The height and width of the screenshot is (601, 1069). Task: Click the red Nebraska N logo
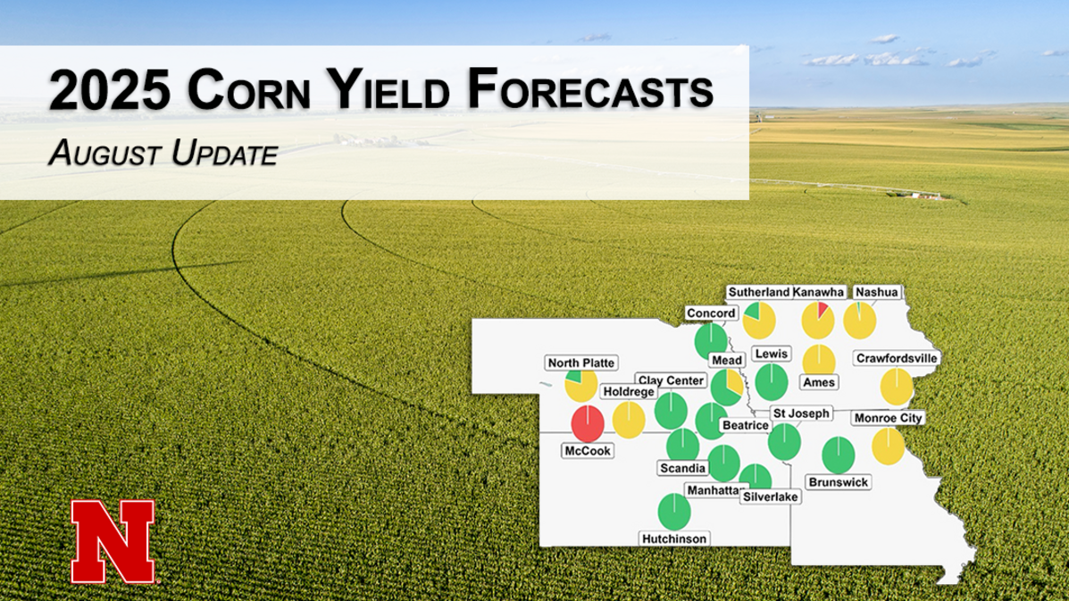113,539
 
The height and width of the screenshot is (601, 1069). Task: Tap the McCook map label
588,451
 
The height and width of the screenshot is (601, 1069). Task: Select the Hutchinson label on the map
674,538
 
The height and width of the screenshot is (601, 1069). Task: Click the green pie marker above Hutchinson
674,512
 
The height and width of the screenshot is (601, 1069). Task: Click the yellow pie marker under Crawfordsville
897,388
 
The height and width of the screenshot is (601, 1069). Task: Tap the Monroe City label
888,418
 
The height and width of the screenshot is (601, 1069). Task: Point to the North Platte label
580,363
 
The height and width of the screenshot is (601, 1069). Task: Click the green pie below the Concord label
711,339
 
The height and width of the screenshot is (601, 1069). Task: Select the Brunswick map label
838,481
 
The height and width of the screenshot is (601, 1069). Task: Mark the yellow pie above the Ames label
818,359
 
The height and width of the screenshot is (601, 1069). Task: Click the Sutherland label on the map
758,292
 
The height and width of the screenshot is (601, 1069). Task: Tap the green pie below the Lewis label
771,381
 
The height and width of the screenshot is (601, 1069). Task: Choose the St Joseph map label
802,413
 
